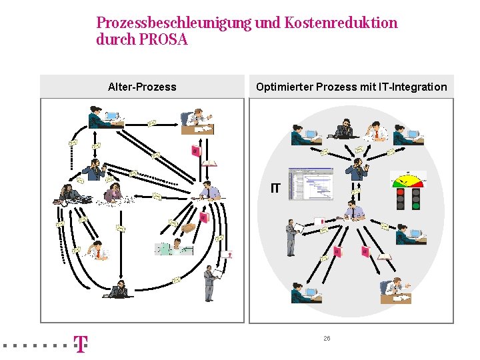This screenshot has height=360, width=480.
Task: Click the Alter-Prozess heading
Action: click(142, 87)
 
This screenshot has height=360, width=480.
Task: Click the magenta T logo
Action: click(80, 345)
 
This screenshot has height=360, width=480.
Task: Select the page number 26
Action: click(327, 339)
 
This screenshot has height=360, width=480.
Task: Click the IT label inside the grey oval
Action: click(275, 189)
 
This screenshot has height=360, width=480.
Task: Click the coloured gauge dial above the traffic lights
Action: click(408, 179)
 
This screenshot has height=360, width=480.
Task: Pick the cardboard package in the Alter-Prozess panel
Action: click(189, 227)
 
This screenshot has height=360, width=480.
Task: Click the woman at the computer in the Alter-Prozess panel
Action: click(105, 117)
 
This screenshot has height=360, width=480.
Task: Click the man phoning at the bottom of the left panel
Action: click(119, 289)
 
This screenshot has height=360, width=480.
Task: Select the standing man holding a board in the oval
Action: click(291, 237)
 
